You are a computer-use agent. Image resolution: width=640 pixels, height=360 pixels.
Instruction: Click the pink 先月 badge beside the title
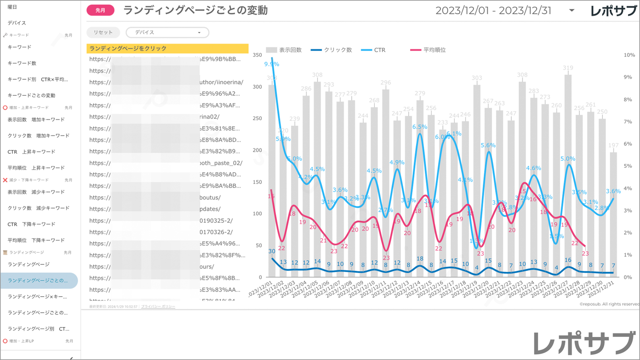click(x=101, y=10)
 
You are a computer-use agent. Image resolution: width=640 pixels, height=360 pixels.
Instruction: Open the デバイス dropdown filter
click(x=167, y=32)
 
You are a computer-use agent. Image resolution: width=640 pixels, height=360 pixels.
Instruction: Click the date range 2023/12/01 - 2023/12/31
click(x=493, y=11)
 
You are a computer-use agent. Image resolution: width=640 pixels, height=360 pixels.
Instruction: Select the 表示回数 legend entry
click(x=284, y=50)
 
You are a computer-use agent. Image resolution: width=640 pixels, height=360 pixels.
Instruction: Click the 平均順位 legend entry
click(x=428, y=50)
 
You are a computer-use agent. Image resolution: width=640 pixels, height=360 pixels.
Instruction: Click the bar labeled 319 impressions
click(x=568, y=177)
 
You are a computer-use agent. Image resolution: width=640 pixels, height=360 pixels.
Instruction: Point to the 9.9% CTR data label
click(x=272, y=64)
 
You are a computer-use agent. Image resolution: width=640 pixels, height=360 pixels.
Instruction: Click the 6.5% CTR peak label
click(x=419, y=127)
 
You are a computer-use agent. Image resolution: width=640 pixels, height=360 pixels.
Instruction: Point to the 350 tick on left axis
click(x=257, y=55)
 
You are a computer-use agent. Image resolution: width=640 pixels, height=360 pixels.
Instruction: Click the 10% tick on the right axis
click(x=629, y=55)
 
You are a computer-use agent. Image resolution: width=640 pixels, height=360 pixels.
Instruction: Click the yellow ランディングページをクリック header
click(x=167, y=48)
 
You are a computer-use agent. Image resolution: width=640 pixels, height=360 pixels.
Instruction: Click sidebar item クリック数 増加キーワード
click(x=39, y=135)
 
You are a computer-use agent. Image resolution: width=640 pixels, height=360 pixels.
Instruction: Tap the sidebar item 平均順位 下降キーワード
click(x=36, y=240)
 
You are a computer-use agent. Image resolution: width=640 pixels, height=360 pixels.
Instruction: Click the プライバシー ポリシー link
click(x=158, y=306)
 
